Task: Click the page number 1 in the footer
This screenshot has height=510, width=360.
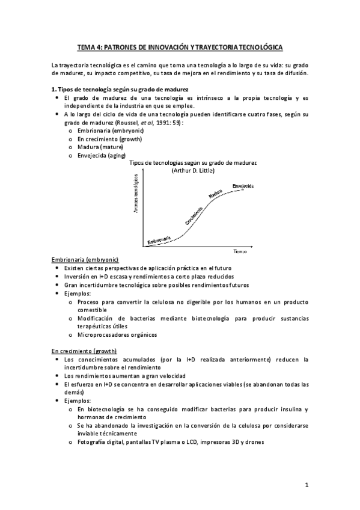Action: pyautogui.click(x=306, y=484)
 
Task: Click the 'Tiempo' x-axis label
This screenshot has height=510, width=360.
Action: pyautogui.click(x=240, y=250)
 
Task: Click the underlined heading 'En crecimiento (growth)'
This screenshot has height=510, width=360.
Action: pyautogui.click(x=84, y=351)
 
